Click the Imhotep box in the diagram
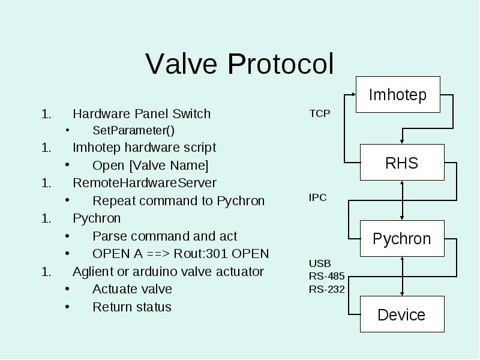point(398,95)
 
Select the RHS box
point(402,163)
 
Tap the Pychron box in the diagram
point(402,238)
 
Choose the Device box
point(402,314)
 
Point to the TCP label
point(320,113)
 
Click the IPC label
point(318,198)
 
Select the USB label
point(320,263)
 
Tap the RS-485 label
point(326,276)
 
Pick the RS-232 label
point(326,289)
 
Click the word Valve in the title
point(181,64)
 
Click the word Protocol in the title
point(280,64)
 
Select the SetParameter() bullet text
point(133,130)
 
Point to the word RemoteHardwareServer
point(145,183)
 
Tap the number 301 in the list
point(217,254)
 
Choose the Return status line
point(132,307)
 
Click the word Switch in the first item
point(191,114)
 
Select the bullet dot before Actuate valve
point(67,289)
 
